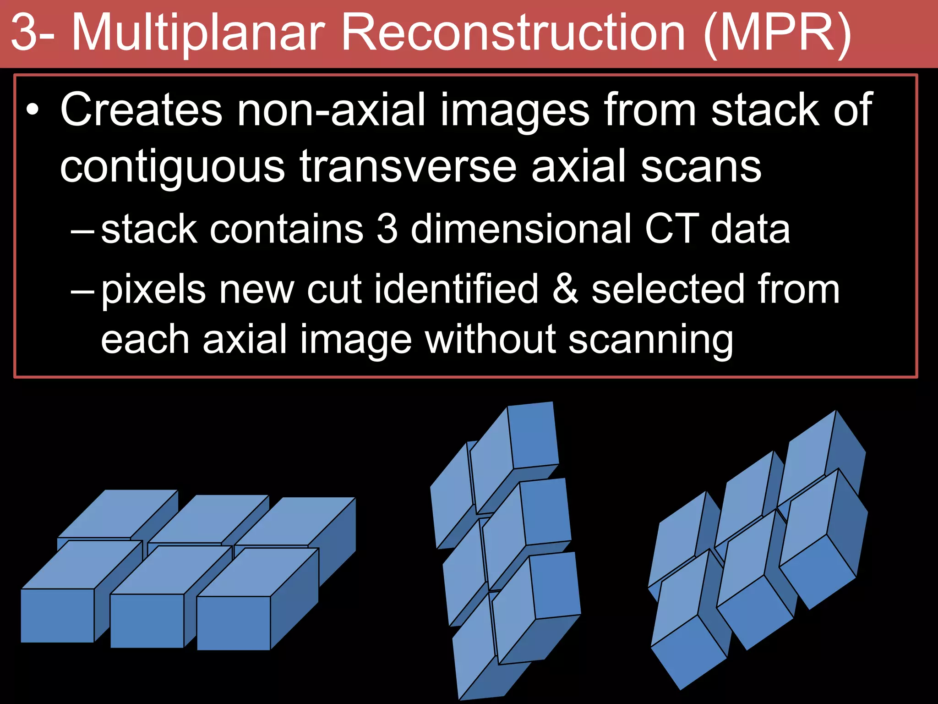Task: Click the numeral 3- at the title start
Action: (x=32, y=33)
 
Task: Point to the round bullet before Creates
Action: (x=32, y=110)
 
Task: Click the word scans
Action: (x=701, y=167)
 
